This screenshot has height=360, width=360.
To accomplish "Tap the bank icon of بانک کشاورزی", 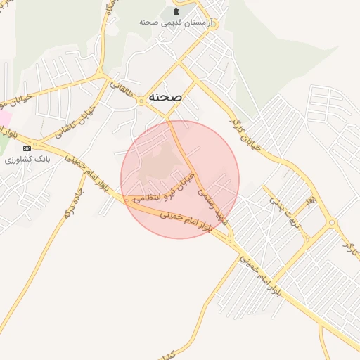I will click(x=27, y=148).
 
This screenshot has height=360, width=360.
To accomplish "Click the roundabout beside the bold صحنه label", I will click(x=141, y=101).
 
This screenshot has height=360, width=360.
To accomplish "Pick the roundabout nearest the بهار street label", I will click(x=331, y=224).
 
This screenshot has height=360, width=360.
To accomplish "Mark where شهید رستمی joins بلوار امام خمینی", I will click(x=231, y=242).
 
